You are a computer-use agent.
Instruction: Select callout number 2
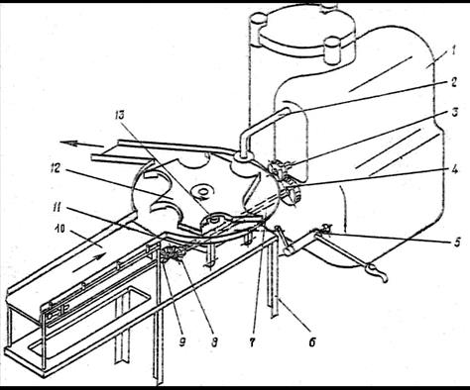pos(454,82)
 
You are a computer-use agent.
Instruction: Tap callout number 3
pos(455,113)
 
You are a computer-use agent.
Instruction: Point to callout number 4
pos(454,169)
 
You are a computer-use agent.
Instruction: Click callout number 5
pos(457,243)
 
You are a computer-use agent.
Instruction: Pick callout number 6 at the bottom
pos(312,342)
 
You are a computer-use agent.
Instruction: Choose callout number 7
pos(252,343)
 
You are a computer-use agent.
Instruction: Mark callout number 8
pos(214,343)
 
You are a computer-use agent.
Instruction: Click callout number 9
pos(182,342)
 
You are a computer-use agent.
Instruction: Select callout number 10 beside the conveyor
pos(59,230)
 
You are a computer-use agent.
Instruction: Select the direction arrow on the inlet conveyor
pos(88,262)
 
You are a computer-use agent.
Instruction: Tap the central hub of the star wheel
pos(201,191)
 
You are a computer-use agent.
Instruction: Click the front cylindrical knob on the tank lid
pos(333,50)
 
